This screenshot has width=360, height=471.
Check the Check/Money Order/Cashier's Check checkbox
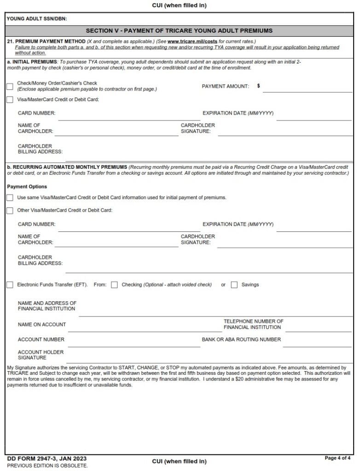point(10,86)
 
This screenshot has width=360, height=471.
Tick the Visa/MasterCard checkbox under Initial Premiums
point(10,100)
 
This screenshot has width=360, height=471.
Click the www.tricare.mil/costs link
point(186,41)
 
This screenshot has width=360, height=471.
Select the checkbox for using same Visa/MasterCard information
point(10,198)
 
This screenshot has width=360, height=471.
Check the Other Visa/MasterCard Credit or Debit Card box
point(10,211)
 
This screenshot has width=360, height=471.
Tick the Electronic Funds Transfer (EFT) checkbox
point(10,285)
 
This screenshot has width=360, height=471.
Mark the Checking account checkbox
point(115,285)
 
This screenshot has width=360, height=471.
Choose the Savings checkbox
point(234,285)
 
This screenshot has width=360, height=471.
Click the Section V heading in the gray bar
point(180,31)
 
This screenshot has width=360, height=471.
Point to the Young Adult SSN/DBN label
point(37,19)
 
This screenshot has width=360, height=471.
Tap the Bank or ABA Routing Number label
point(241,339)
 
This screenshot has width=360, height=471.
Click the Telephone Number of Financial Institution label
point(253,324)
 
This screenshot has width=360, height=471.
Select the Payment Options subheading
point(27,187)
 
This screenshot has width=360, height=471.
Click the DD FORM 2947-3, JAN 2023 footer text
point(47,459)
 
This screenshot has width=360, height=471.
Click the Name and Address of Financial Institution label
point(46,306)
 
